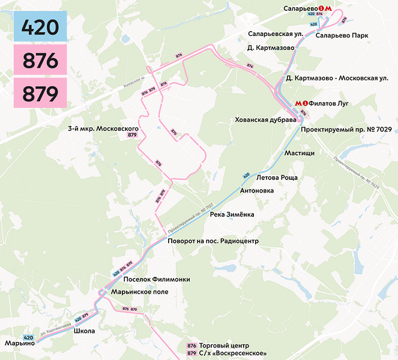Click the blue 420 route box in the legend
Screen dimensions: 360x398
(x=40, y=27)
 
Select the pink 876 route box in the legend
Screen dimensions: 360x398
(x=40, y=61)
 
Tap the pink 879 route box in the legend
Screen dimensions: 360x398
(x=40, y=94)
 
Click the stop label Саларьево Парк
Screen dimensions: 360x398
(x=342, y=35)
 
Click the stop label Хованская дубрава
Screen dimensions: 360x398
(x=266, y=120)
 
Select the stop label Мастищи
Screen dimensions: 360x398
(x=300, y=153)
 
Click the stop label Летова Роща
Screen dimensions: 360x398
(x=277, y=178)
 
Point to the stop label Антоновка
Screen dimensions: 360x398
(x=257, y=191)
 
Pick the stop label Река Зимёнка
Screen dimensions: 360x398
(x=232, y=214)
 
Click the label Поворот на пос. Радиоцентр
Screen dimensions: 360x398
(x=213, y=241)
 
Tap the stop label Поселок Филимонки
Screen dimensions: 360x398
(x=156, y=280)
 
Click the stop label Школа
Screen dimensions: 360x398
(x=84, y=331)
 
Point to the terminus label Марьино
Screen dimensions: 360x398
(x=20, y=343)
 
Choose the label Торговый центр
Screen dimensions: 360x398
(x=223, y=346)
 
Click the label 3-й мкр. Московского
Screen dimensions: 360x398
(x=103, y=129)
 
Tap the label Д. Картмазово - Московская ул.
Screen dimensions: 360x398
(x=337, y=78)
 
